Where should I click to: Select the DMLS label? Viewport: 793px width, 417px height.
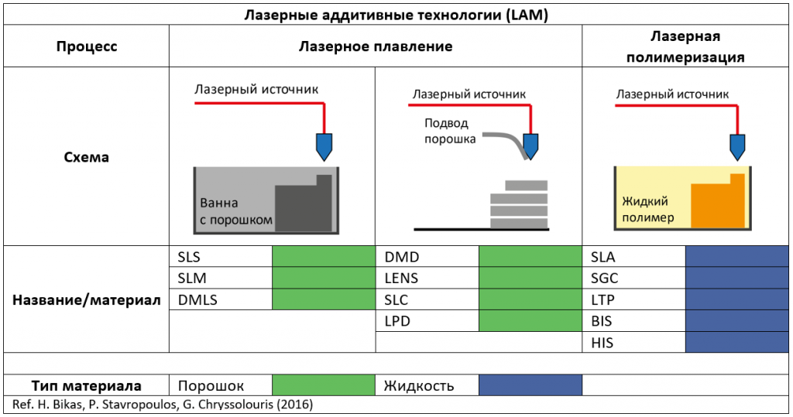[x=197, y=299]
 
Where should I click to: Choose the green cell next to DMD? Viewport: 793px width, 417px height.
[x=530, y=257]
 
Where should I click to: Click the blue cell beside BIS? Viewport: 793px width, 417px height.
[x=737, y=321]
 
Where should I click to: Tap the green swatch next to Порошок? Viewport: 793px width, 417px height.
[x=324, y=385]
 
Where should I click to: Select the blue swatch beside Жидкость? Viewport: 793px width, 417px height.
[x=530, y=385]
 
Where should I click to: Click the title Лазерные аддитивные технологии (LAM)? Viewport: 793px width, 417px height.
[x=396, y=15]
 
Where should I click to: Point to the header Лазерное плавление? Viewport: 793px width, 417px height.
[x=376, y=46]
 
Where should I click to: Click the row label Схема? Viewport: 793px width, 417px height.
[x=87, y=157]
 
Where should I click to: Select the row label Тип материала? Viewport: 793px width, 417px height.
[x=87, y=385]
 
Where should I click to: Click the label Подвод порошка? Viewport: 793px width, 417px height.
[x=450, y=131]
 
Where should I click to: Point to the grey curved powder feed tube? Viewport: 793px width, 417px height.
[x=506, y=144]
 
